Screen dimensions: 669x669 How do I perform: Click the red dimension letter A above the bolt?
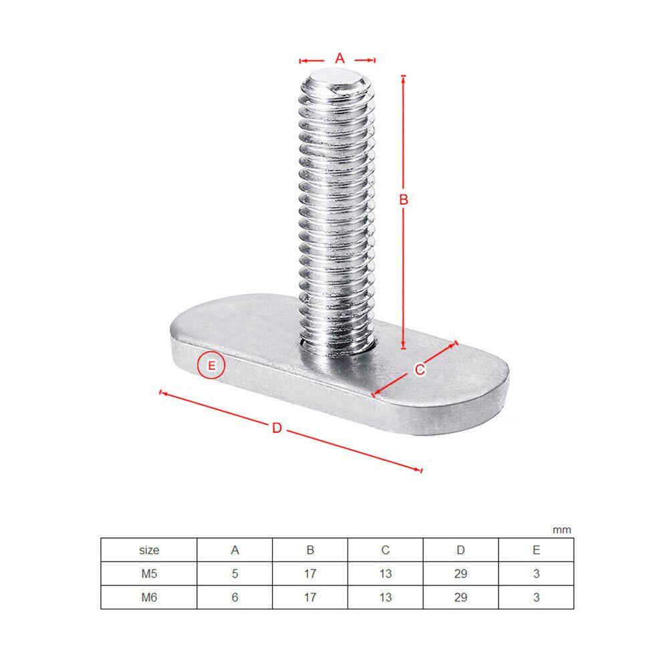click(x=339, y=59)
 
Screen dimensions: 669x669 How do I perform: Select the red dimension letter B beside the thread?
click(x=403, y=199)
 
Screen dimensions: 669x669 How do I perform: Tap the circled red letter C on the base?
click(x=420, y=369)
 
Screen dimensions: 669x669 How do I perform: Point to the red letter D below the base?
click(x=277, y=428)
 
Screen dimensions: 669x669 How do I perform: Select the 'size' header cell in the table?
click(x=149, y=550)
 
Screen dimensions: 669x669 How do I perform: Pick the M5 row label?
click(x=149, y=573)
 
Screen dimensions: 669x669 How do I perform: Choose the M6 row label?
click(x=149, y=597)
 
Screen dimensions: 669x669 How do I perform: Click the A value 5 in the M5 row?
click(x=235, y=573)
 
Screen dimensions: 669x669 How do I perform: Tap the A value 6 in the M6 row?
click(x=235, y=597)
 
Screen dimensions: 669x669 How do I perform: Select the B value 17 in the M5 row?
click(x=310, y=573)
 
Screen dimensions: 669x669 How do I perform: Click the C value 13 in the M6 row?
click(x=386, y=597)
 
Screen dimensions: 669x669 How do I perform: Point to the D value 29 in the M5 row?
click(x=460, y=573)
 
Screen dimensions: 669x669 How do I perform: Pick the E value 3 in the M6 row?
click(x=536, y=597)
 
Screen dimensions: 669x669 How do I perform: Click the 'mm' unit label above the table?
click(x=562, y=530)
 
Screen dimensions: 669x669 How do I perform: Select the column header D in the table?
click(x=460, y=550)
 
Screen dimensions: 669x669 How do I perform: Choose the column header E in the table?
click(x=536, y=550)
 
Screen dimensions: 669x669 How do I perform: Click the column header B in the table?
click(x=310, y=550)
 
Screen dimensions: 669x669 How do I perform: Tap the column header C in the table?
click(x=386, y=550)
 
